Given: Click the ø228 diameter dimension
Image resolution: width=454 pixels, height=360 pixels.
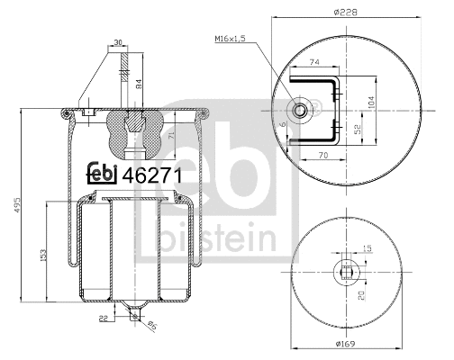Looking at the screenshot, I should point(346,11).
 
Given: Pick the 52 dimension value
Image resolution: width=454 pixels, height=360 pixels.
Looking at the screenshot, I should point(358,129).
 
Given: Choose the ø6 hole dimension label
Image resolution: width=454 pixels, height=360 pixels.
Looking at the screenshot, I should point(151,327).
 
